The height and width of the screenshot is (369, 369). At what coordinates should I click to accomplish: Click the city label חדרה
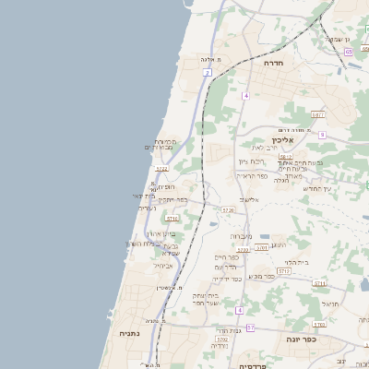coord(273,63)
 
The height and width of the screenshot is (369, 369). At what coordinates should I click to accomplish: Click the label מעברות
coord(241,237)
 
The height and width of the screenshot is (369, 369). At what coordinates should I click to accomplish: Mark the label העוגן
coord(280,244)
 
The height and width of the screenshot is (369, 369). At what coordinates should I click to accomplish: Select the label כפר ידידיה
coord(227,278)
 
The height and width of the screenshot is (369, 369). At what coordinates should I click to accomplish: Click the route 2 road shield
coord(208,71)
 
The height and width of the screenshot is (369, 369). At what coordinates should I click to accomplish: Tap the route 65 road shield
coord(349,52)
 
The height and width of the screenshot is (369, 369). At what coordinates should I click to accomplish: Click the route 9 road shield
coord(322,135)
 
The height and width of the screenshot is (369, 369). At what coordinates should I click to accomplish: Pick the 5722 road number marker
coord(161,169)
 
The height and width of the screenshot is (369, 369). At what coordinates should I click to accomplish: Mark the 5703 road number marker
coord(318,325)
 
